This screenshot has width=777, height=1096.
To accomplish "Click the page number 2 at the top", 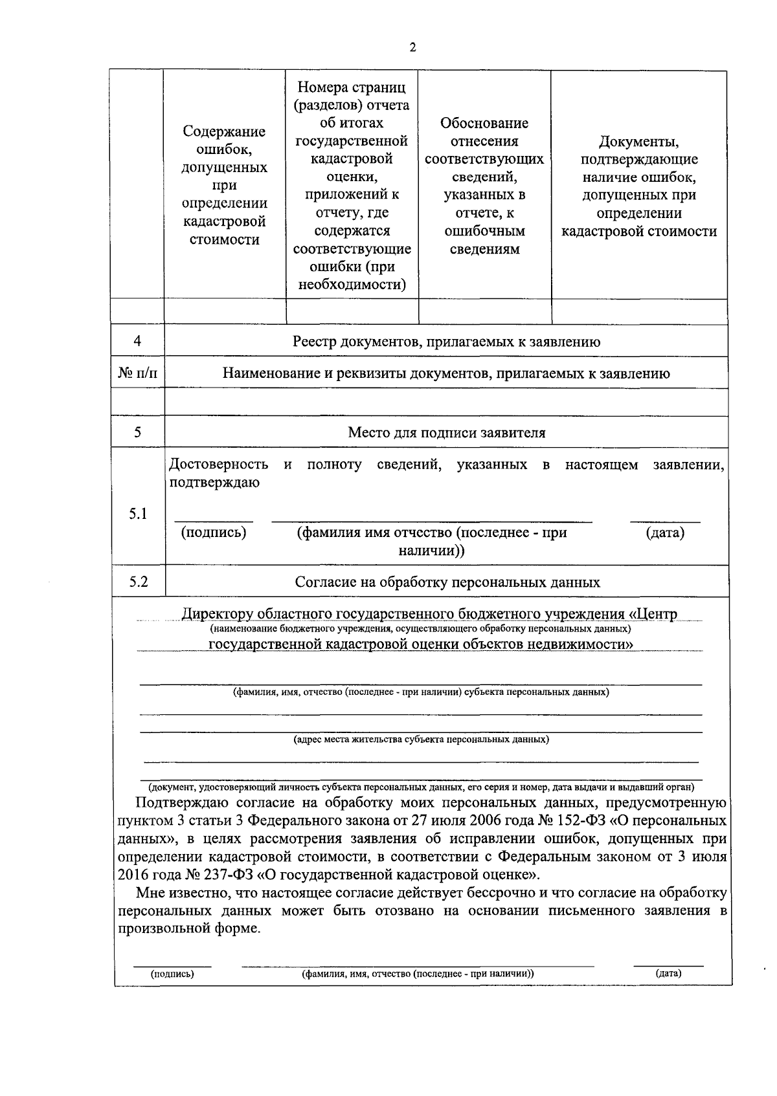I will (x=412, y=47).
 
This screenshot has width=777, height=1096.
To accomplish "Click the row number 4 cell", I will (x=137, y=341).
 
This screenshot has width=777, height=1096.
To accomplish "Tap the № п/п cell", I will (x=137, y=373).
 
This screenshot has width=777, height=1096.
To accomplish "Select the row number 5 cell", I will (x=137, y=432).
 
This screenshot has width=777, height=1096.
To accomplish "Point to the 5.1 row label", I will (x=137, y=514).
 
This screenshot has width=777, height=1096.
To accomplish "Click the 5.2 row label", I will (x=138, y=582).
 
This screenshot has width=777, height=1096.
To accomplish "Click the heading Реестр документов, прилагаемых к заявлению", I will (x=446, y=342).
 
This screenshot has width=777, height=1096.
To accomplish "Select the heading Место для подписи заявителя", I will (x=446, y=432).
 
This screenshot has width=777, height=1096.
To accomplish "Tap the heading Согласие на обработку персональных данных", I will (x=447, y=582).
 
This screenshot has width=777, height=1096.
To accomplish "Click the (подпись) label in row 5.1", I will (x=214, y=532).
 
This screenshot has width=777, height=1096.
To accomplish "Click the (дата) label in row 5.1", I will (x=665, y=532).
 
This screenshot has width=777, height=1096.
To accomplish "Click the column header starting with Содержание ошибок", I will (x=224, y=186).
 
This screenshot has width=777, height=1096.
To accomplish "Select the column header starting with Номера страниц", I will (x=352, y=186).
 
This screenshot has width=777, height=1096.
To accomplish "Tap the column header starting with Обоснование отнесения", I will (x=484, y=186).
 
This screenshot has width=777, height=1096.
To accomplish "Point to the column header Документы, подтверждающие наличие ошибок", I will (x=639, y=186).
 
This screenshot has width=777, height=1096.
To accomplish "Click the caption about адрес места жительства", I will (x=421, y=739).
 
